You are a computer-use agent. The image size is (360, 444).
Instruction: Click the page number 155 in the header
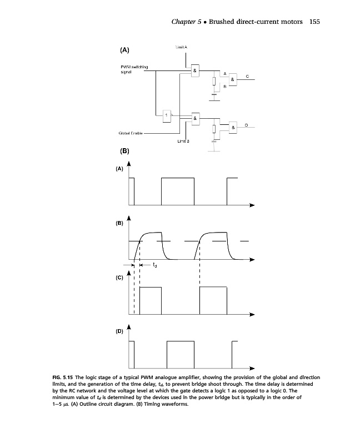coord(316,22)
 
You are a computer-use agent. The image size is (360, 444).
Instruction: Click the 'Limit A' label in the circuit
coord(182,48)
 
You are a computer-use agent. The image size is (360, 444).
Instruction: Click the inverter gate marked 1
coord(166,116)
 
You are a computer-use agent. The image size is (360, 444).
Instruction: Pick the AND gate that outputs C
coord(234,80)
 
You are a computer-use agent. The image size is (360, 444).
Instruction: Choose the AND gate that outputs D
coord(234,127)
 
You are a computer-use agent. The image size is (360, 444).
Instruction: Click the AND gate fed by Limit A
coord(195,72)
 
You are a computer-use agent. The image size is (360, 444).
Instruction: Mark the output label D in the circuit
coord(247,123)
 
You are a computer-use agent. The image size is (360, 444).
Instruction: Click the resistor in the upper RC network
coord(214,82)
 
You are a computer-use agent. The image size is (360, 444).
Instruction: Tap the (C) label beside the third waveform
coord(119,278)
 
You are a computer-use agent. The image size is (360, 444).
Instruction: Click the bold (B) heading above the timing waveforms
coord(124,151)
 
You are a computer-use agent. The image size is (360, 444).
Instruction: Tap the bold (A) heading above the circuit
coord(124,50)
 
